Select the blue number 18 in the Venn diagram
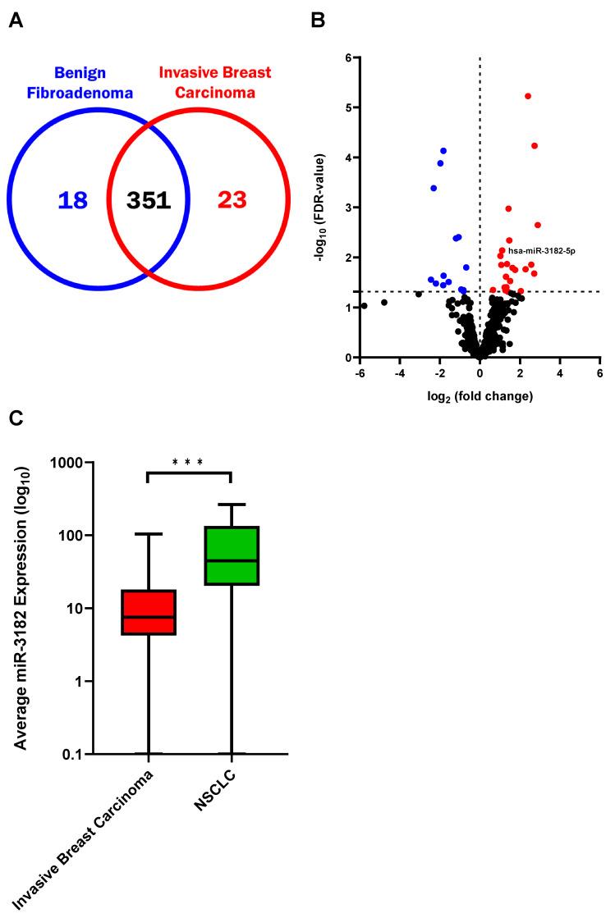[72, 199]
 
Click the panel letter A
[16, 20]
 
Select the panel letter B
[319, 20]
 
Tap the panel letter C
[16, 417]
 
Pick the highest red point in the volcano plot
[528, 96]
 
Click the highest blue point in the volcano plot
[443, 151]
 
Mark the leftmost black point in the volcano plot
[364, 306]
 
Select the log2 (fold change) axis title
[480, 396]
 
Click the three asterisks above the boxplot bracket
[188, 462]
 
